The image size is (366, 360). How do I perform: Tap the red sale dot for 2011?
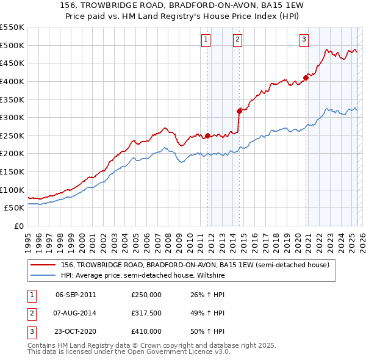pyautogui.click(x=207, y=135)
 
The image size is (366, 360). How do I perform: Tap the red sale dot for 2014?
pyautogui.click(x=239, y=111)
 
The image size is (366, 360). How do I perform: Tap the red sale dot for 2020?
pyautogui.click(x=306, y=77)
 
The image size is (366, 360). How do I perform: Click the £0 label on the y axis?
pyautogui.click(x=18, y=226)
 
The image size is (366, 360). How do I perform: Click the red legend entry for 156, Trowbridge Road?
pyautogui.click(x=195, y=265)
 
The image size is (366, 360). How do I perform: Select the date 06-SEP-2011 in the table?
pyautogui.click(x=76, y=295)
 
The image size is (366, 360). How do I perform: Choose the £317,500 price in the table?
pyautogui.click(x=146, y=313)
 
